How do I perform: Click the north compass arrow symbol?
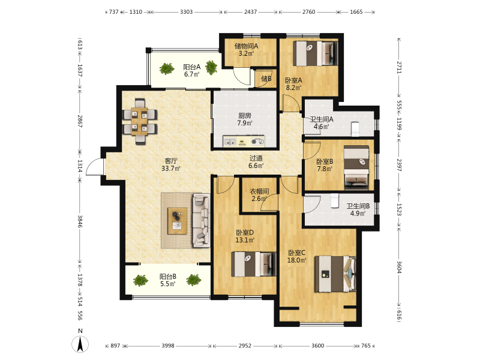point(80,344)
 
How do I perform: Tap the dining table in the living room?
point(140,121)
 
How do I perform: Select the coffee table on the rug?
point(177,220)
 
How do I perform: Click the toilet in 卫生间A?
point(355,129)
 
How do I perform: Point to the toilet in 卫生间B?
point(335,201)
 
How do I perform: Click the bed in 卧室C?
point(335,274)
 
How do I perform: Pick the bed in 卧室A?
point(315,53)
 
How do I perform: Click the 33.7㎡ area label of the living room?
point(171,168)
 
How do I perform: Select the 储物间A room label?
point(246,46)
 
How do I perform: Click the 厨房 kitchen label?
point(245,116)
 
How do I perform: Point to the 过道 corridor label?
point(256,158)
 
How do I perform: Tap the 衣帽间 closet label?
point(259,191)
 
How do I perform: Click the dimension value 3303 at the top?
point(186,12)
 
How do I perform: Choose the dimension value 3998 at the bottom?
point(168,346)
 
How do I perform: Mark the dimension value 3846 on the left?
point(80,221)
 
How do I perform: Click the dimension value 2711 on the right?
point(399,67)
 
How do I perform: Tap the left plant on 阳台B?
point(140,280)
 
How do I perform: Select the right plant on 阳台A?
point(211,67)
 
